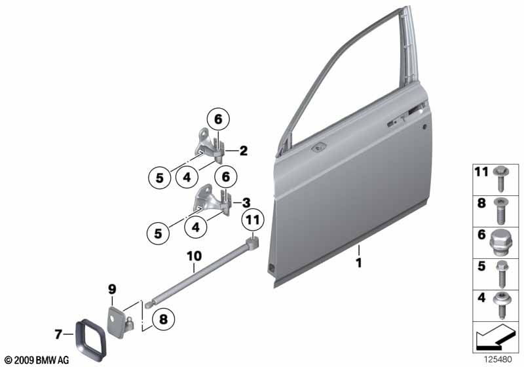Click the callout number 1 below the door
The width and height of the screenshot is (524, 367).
point(358,263)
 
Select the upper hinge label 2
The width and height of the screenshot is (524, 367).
point(244,151)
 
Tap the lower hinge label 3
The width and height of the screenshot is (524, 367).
point(246,203)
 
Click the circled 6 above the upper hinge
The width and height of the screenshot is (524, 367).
point(218,119)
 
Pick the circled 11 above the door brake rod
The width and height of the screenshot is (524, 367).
point(253,220)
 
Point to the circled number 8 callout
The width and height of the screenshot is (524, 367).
point(163,319)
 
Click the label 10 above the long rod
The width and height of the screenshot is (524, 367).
point(194,256)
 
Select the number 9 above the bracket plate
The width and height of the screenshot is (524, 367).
point(112,288)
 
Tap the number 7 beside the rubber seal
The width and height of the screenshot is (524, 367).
point(58,334)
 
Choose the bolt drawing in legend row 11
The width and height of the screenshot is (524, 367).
point(501,178)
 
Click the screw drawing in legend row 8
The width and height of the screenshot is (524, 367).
point(501,210)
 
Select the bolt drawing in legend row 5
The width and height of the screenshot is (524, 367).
point(502,274)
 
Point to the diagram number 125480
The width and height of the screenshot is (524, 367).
point(498,360)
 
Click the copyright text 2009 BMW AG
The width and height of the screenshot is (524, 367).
point(37,360)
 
